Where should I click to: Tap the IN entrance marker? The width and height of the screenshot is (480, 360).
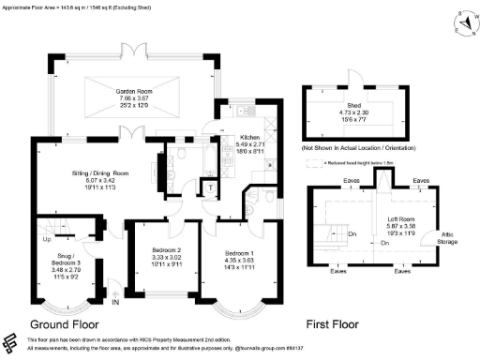click(115, 301)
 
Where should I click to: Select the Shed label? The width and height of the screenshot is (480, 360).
click(355, 106)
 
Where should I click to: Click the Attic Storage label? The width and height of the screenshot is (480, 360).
click(447, 238)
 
